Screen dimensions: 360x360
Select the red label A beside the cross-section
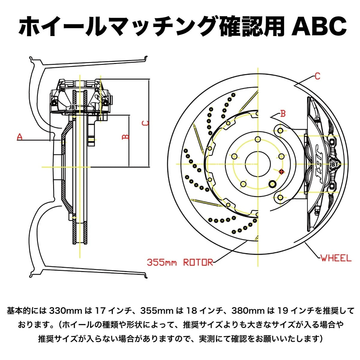pyautogui.click(x=20, y=137)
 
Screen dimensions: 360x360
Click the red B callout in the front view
pyautogui.click(x=283, y=114)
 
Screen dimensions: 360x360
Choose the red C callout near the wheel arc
pyautogui.click(x=317, y=76)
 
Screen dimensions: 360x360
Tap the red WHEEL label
pyautogui.click(x=336, y=258)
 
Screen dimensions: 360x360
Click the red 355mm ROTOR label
pyautogui.click(x=180, y=262)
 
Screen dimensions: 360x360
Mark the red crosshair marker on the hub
pyautogui.click(x=281, y=172)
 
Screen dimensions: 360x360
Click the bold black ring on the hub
pyautogui.click(x=273, y=184)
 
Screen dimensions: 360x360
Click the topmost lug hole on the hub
pyautogui.click(x=258, y=139)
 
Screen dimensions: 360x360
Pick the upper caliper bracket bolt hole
pyautogui.click(x=280, y=131)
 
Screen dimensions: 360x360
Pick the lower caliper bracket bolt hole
pyautogui.click(x=280, y=197)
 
